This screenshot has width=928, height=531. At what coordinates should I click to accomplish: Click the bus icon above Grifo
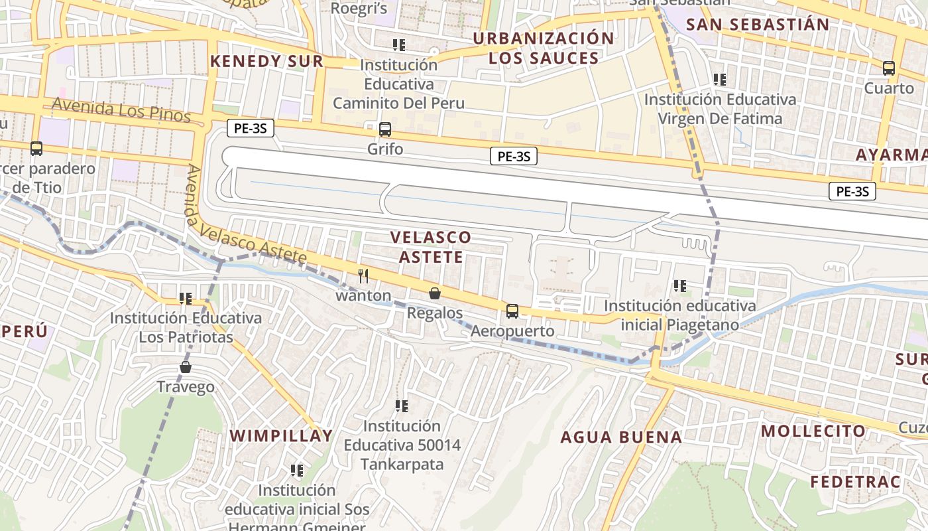[x=385, y=129]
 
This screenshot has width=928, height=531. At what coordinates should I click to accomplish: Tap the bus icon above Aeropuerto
[x=512, y=311]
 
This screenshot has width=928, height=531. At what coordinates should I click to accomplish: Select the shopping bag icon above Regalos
[x=435, y=293]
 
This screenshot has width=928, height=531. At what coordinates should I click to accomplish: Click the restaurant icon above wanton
[x=363, y=275]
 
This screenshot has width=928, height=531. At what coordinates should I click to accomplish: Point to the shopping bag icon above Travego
[x=186, y=366]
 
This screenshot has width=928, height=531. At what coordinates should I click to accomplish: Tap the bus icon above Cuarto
[x=889, y=68]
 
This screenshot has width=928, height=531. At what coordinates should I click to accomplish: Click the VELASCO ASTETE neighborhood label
[x=431, y=246]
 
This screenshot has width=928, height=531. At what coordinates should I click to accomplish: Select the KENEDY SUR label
[x=266, y=61]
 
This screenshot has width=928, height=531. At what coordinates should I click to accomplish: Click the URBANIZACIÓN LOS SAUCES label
[x=544, y=48]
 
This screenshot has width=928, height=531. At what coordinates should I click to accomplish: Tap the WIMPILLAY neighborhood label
[x=281, y=436]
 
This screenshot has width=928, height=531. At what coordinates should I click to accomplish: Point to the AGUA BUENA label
[x=621, y=437]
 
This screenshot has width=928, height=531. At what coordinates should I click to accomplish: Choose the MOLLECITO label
[x=813, y=431]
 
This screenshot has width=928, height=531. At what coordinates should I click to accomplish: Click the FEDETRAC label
[x=855, y=482]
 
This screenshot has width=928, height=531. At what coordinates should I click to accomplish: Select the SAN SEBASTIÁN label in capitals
[x=758, y=25]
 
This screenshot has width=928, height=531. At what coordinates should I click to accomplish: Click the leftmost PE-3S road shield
[x=250, y=128]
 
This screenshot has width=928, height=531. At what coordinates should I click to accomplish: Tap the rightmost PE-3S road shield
[x=852, y=192]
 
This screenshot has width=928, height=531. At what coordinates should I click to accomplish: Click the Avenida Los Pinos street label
[x=121, y=110]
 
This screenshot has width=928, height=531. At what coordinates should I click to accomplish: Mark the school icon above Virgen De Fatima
[x=719, y=80]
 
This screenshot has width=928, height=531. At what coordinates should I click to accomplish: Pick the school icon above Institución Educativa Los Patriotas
[x=186, y=299]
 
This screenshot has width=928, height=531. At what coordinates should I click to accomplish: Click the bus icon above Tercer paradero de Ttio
[x=36, y=149]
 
